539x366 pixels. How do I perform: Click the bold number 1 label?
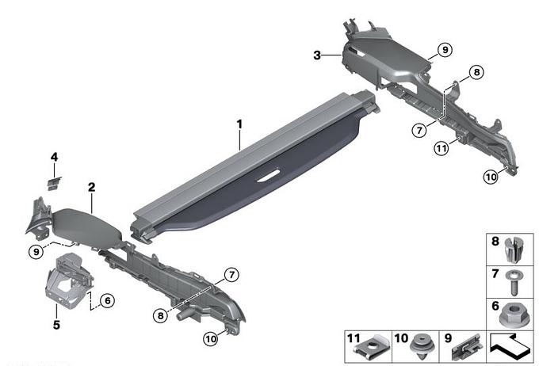click(x=239, y=124)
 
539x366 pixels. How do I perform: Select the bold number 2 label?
click(x=91, y=187)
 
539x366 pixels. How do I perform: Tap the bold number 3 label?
click(x=317, y=55)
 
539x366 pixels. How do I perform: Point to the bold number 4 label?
click(x=55, y=157)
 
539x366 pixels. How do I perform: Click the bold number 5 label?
click(x=56, y=325)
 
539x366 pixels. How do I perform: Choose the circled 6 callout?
click(x=108, y=301)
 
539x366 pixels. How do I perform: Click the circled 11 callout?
click(x=442, y=148)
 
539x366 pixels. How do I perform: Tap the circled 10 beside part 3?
click(x=491, y=177)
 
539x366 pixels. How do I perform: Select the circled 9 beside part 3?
click(x=445, y=50)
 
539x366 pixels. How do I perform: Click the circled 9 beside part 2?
click(x=36, y=252)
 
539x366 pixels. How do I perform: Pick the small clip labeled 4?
click(x=54, y=183)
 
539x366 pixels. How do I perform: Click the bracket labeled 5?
click(x=69, y=280)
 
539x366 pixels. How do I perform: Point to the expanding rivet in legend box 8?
click(x=513, y=250)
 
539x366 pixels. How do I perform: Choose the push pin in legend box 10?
click(x=422, y=346)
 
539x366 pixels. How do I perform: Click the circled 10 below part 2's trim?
click(x=211, y=339)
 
